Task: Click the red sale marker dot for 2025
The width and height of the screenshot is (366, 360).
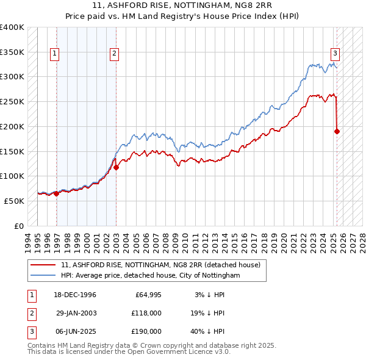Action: pyautogui.click(x=337, y=131)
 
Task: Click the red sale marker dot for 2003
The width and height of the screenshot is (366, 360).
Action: pyautogui.click(x=116, y=167)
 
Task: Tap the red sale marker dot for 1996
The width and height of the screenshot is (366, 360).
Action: pyautogui.click(x=57, y=193)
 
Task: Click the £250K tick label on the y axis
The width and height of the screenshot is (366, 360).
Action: pyautogui.click(x=12, y=101)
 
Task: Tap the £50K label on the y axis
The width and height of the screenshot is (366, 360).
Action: pyautogui.click(x=15, y=201)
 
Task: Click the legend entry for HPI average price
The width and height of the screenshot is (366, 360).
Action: pyautogui.click(x=151, y=276)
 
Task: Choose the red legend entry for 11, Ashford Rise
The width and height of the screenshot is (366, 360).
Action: pyautogui.click(x=161, y=265)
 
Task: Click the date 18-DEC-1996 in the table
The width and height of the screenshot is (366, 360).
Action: pyautogui.click(x=74, y=295)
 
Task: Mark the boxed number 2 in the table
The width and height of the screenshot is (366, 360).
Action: pyautogui.click(x=30, y=313)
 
